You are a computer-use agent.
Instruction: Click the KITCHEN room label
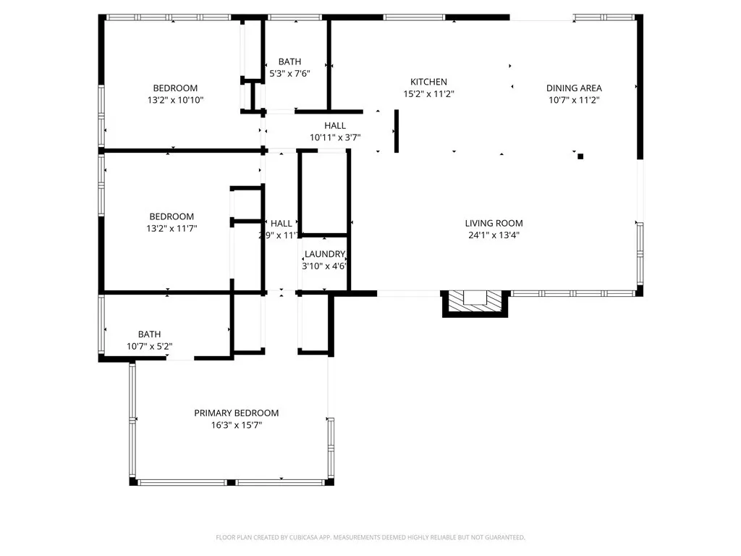(428, 82)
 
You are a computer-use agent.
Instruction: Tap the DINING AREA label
(574, 88)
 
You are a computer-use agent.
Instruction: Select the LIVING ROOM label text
(494, 223)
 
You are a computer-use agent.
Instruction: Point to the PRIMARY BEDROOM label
(236, 413)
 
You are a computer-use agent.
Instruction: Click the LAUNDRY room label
(324, 254)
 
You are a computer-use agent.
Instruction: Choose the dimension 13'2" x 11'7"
(172, 228)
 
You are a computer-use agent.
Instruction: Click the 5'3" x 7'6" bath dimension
(289, 74)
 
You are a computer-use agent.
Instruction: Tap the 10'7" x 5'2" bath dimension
(149, 346)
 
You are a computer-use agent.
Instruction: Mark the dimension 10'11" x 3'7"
(335, 137)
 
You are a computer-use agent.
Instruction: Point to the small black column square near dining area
(580, 156)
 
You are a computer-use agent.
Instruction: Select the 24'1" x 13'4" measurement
(494, 235)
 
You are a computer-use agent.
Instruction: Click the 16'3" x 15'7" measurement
(236, 425)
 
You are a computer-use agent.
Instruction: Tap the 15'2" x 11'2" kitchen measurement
(428, 93)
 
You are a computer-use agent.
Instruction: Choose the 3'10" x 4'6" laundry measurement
(324, 266)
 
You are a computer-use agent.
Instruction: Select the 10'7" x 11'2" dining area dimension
(574, 100)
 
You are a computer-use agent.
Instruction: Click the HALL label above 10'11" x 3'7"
(335, 125)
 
